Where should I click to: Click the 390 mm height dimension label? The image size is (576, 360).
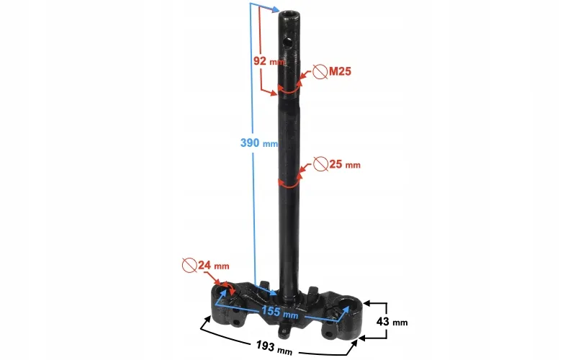click(259, 143)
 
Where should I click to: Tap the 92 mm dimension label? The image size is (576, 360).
click(269, 61)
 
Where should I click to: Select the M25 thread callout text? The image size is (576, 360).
click(340, 71)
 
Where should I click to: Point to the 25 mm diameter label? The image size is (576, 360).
click(345, 164)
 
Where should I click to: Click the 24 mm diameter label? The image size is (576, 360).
click(213, 265)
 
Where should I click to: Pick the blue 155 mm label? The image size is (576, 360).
click(279, 312)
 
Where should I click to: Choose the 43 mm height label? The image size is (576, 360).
click(392, 322)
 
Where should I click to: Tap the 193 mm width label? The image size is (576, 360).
click(274, 348)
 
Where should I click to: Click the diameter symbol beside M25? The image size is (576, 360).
click(320, 71)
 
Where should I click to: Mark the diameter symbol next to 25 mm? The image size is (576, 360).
click(320, 164)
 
